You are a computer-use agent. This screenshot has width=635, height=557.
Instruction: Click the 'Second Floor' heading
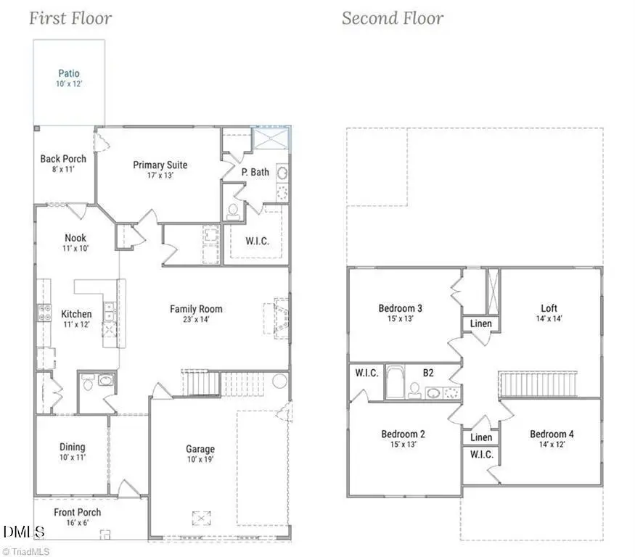[x=393, y=18]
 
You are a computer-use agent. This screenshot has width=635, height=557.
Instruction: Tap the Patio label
[x=69, y=73]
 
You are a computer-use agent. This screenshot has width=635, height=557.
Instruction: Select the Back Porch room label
[x=63, y=159]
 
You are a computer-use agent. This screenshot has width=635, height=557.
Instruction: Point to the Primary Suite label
[x=160, y=165]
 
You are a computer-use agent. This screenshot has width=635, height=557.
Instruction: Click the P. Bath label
[x=255, y=172]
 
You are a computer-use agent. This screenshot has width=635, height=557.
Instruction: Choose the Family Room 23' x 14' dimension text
[x=196, y=319]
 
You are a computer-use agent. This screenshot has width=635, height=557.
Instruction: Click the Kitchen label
[x=76, y=314]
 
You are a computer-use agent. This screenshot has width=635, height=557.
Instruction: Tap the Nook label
[x=75, y=238]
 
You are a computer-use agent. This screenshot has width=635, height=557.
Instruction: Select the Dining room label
[x=72, y=447]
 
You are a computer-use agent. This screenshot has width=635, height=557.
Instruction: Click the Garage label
[x=200, y=449]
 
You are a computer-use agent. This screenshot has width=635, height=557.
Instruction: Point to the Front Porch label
[x=78, y=513]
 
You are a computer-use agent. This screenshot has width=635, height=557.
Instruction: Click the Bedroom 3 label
[x=401, y=308]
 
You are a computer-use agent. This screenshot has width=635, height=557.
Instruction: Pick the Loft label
[x=549, y=308]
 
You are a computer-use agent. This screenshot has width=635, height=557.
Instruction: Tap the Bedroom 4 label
[x=552, y=434]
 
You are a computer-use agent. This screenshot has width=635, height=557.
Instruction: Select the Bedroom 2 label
[x=403, y=434]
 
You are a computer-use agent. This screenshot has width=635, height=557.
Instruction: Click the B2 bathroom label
[x=429, y=374]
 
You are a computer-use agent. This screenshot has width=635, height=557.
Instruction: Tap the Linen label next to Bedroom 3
[x=481, y=323]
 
